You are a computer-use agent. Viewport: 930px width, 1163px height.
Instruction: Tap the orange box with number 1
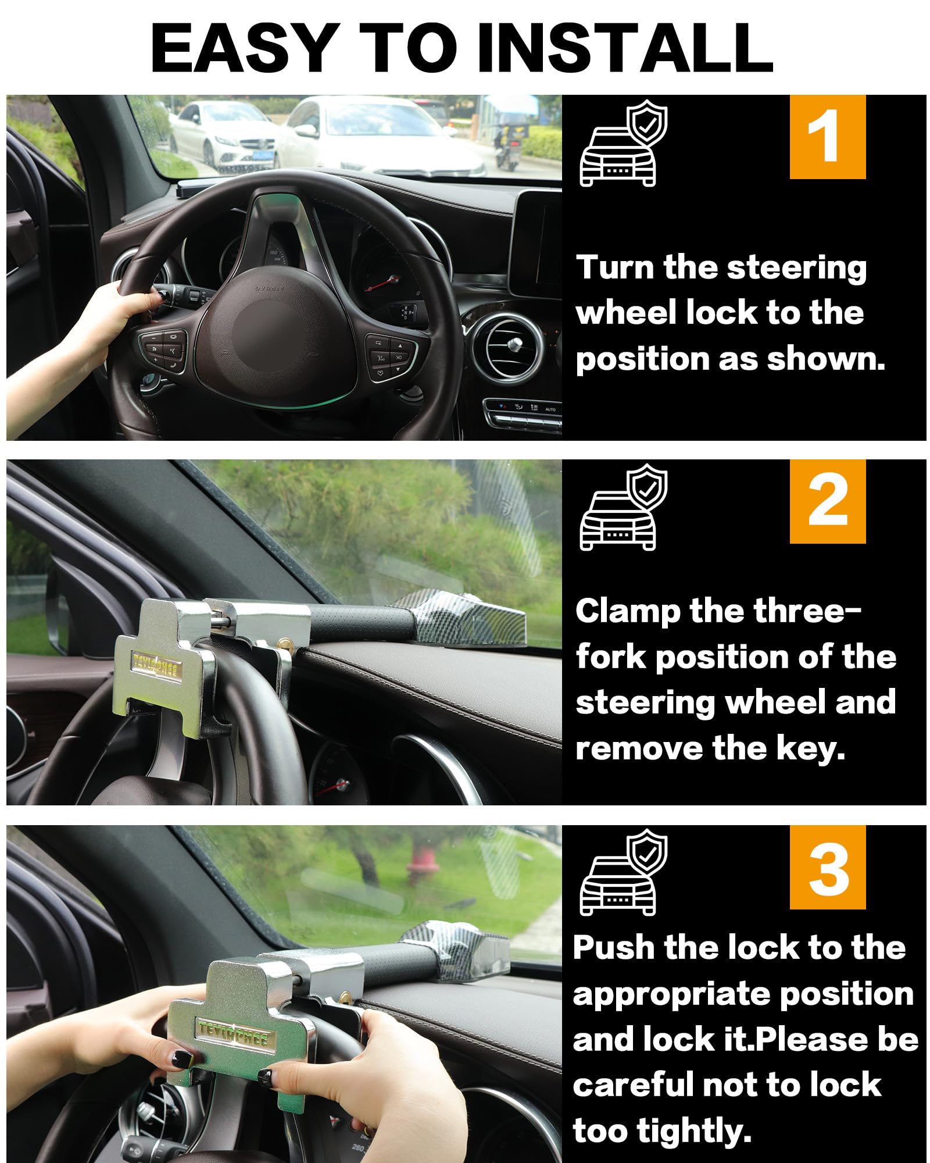pos(827,137)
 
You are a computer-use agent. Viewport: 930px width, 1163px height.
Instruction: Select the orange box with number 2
pos(827,501)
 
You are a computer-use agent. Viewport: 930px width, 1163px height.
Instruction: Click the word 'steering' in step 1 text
pos(796,269)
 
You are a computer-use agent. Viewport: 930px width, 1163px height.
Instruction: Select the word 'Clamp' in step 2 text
pos(621,612)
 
